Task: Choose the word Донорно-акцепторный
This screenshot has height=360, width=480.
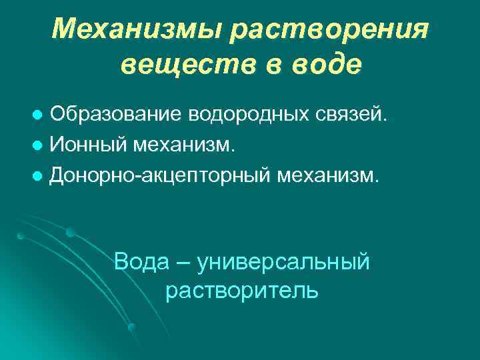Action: click(x=161, y=175)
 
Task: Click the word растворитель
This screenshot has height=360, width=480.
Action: click(x=241, y=291)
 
